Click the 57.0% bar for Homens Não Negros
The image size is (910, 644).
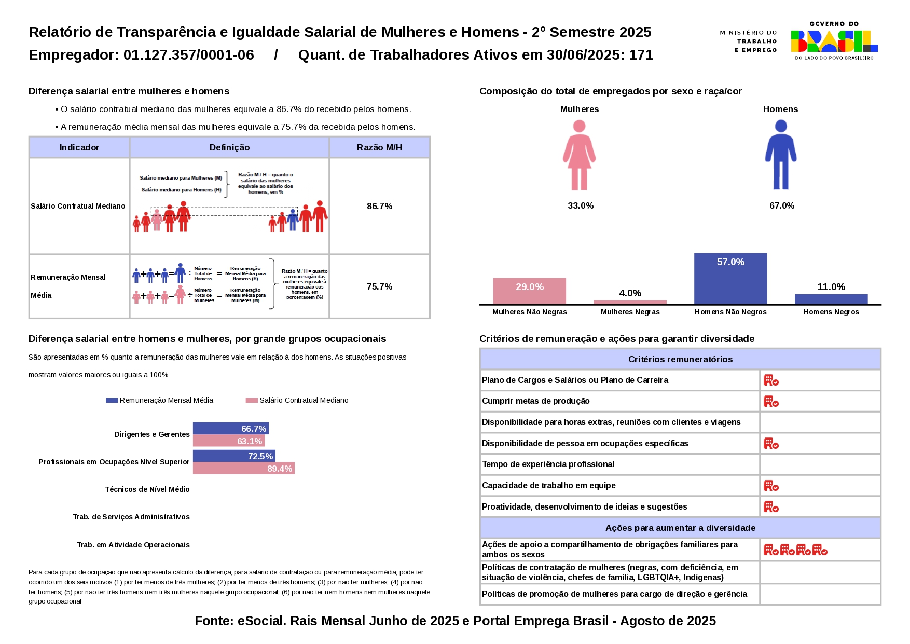[730, 278]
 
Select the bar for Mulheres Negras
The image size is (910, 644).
[630, 302]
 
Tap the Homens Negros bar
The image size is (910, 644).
[831, 299]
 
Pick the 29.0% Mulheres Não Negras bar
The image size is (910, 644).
[529, 291]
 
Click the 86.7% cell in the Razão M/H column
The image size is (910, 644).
[379, 206]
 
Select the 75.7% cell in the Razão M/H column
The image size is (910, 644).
[379, 286]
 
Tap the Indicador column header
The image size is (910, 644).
[79, 147]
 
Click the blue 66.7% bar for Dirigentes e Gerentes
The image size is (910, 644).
[230, 429]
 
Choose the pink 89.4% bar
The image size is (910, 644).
[243, 469]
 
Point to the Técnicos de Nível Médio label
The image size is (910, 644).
[147, 489]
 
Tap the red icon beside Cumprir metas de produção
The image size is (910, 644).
[770, 401]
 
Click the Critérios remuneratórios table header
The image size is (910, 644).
[680, 359]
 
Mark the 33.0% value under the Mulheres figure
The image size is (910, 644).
[581, 205]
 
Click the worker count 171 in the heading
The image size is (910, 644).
[641, 55]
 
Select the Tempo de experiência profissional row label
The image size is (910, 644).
[548, 464]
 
